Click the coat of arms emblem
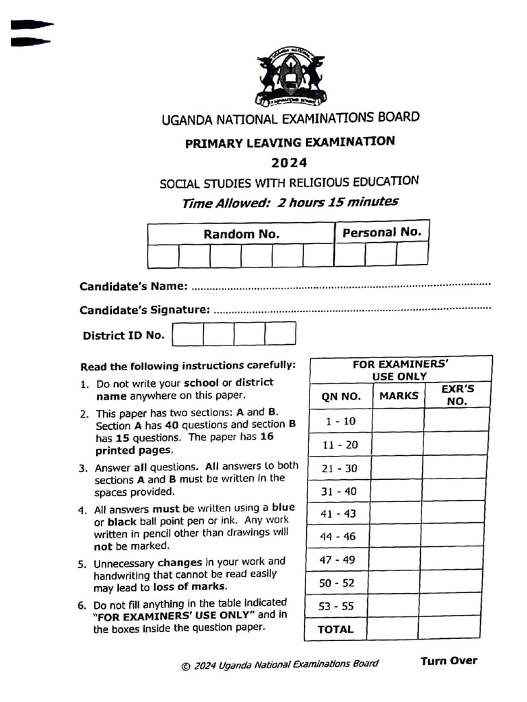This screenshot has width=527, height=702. point(291,77)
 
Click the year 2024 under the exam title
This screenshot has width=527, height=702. point(289,163)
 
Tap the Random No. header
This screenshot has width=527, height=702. point(241,234)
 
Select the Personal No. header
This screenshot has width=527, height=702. point(382,232)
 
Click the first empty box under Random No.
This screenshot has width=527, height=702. point(163,256)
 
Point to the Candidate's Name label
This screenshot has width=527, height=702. point(133,286)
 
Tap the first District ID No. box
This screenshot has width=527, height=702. point(188,335)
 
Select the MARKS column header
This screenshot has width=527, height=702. point(398,396)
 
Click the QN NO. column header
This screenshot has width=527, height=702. point(340,396)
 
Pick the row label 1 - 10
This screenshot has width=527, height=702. point(340,421)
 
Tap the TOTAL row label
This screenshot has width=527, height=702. point(336,629)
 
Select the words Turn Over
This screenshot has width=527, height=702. point(448,661)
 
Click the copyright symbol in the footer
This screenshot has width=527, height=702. point(185,666)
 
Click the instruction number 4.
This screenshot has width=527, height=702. point(82,510)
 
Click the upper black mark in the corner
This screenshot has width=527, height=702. point(31,25)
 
